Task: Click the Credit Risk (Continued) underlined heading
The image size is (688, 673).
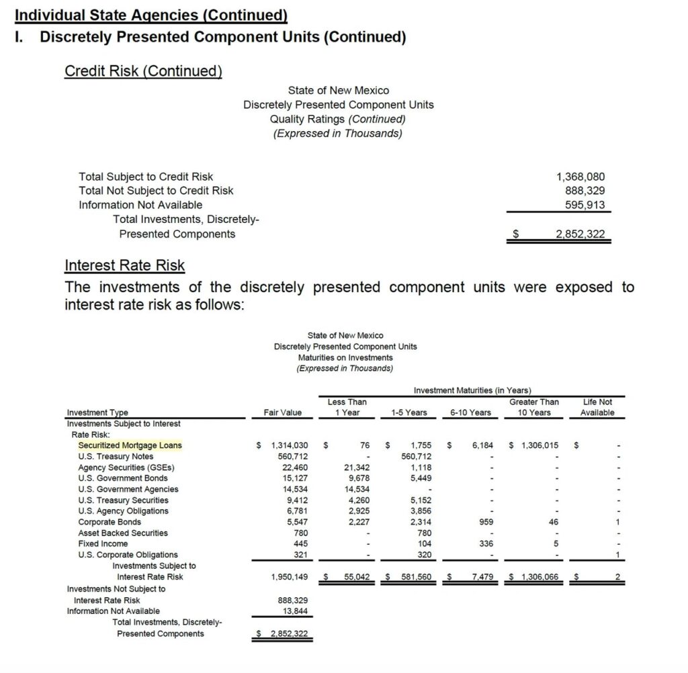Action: click(x=143, y=71)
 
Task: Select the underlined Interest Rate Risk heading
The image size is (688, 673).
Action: click(x=124, y=265)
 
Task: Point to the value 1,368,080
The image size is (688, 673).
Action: click(x=580, y=177)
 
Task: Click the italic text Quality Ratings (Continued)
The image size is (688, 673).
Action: click(x=338, y=119)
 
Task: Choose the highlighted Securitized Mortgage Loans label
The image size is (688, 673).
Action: click(x=130, y=445)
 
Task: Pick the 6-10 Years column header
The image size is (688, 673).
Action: click(x=470, y=412)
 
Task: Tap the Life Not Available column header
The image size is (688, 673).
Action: click(x=597, y=407)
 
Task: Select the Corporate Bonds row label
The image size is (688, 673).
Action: click(x=110, y=522)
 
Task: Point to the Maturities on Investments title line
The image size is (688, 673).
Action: click(x=345, y=357)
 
